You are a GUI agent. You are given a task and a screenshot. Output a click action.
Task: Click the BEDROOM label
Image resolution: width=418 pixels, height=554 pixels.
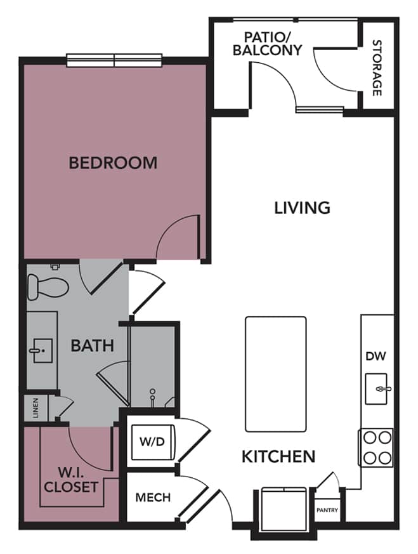113,162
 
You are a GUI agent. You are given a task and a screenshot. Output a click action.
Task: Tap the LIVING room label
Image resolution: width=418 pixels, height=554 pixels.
302,207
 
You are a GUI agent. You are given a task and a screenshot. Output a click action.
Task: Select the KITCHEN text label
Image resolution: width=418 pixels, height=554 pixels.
278,456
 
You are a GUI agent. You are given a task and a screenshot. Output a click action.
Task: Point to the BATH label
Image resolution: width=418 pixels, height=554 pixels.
93,346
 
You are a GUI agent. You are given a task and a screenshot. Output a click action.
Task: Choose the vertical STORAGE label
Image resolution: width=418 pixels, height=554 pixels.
377,68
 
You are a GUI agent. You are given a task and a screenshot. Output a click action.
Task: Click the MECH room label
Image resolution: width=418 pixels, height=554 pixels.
152,498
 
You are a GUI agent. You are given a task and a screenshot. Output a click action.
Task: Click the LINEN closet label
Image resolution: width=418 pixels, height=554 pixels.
36,407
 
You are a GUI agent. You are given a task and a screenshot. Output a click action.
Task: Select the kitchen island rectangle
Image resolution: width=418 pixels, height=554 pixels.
275,374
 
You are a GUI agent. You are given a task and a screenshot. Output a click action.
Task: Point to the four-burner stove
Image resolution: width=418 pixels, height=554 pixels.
377,447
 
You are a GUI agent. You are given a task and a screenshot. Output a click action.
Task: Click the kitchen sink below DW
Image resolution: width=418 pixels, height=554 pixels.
379,387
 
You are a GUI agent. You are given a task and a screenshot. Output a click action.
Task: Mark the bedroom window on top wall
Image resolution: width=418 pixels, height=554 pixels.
115,60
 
